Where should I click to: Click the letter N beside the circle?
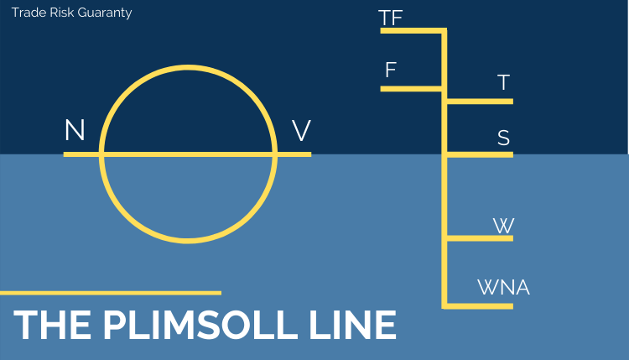click(x=75, y=131)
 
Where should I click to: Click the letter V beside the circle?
click(x=301, y=131)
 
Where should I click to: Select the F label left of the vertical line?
click(x=390, y=70)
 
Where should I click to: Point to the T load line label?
click(x=503, y=83)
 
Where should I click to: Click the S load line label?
click(x=503, y=138)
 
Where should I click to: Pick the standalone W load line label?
click(x=503, y=226)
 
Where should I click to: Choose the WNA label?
click(x=503, y=288)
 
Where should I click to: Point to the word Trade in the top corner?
click(x=28, y=13)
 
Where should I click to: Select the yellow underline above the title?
click(x=110, y=293)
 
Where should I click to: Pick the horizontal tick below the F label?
click(x=412, y=87)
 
